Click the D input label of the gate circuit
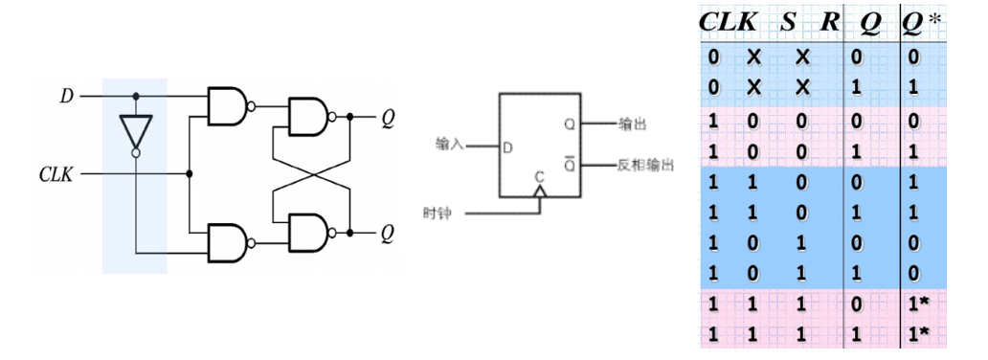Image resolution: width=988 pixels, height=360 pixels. (66, 97)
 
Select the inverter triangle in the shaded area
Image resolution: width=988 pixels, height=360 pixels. (136, 130)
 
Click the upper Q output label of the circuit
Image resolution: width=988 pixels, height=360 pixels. (388, 119)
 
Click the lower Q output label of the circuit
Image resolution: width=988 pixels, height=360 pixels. (388, 233)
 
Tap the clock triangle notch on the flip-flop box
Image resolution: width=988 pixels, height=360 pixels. (538, 191)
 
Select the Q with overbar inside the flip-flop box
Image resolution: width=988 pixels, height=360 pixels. (571, 165)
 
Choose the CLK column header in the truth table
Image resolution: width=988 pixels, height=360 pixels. (729, 21)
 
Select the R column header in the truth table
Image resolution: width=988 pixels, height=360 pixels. (829, 21)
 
